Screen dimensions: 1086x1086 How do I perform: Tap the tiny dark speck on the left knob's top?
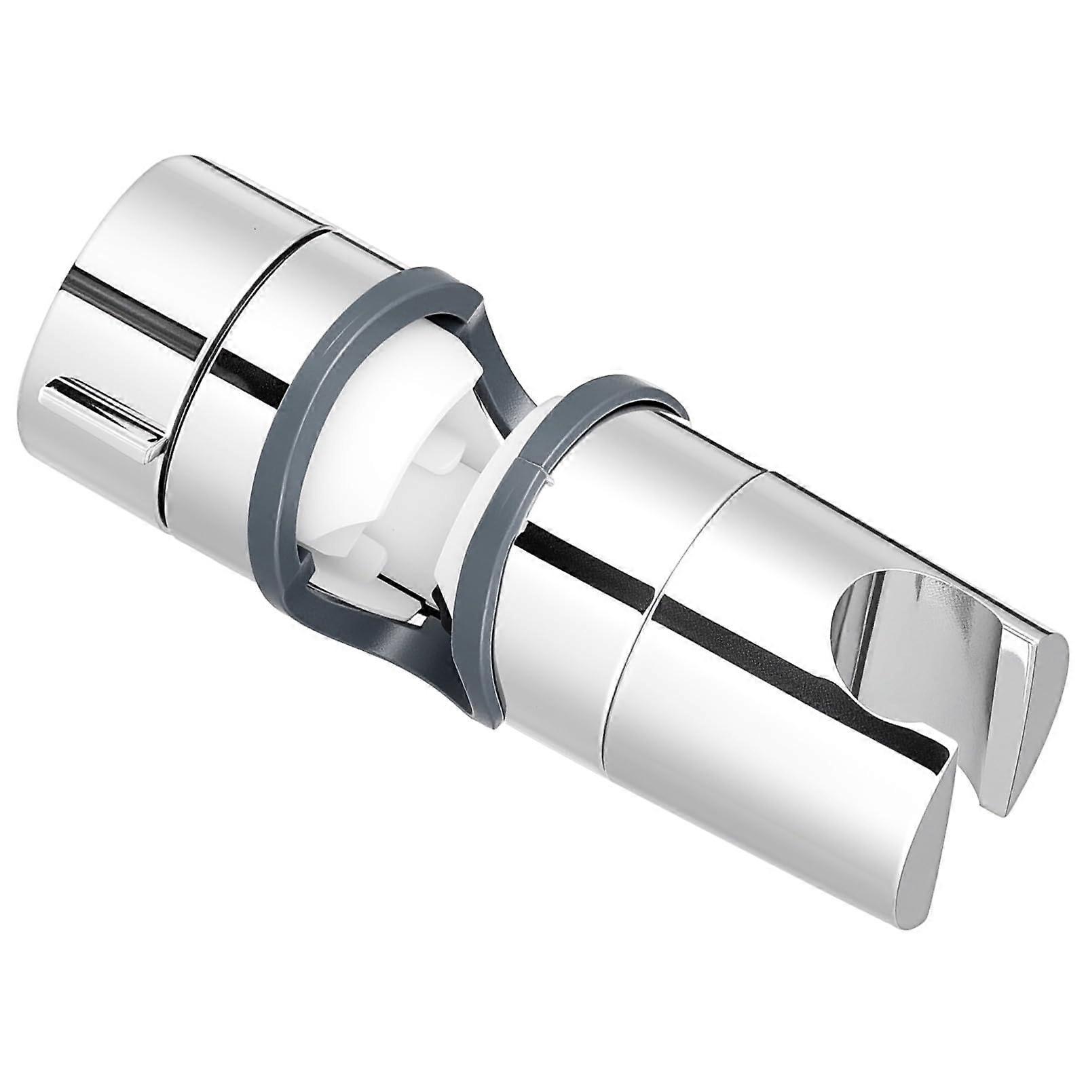point(255,229)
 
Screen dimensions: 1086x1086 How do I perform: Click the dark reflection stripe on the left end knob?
point(136,305)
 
